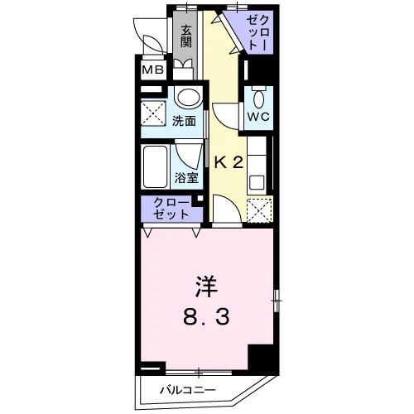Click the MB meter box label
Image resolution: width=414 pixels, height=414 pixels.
[152, 70]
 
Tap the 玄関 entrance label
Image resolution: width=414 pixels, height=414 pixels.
[186, 36]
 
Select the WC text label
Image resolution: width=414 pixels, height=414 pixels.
[258, 117]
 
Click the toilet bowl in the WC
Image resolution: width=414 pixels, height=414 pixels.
[259, 99]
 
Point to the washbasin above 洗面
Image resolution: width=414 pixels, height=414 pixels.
[189, 98]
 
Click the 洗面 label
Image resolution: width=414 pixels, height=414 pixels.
[185, 121]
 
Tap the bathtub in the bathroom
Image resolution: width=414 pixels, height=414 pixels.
[156, 166]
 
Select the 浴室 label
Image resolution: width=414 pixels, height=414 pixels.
[186, 178]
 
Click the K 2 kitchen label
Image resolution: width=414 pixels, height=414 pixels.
[229, 163]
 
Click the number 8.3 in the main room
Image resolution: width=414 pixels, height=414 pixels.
[206, 317]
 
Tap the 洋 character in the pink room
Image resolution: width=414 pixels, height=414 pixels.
[206, 286]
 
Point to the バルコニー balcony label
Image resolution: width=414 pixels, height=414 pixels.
[188, 390]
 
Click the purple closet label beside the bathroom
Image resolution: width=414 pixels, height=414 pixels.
[171, 209]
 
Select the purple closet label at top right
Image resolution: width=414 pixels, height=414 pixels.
[258, 33]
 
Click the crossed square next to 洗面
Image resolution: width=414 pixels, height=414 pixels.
[153, 113]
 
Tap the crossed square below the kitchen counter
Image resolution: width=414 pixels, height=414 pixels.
[259, 210]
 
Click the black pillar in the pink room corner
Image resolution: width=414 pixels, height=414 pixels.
[260, 358]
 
